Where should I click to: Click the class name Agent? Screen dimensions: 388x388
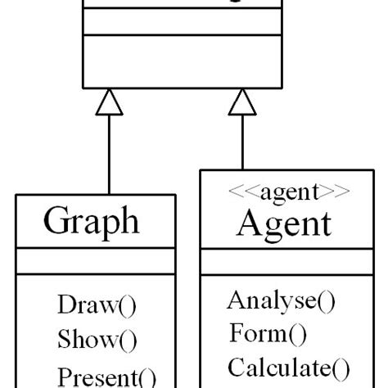pos(284,223)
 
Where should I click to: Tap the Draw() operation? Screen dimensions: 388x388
pos(97,305)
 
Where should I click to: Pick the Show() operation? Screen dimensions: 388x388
pos(97,339)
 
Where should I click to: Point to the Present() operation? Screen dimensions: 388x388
pos(106,377)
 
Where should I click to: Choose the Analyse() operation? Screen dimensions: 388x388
pos(281,300)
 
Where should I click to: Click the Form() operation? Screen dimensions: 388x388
pos(267,333)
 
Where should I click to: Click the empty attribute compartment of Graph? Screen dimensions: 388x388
pos(95,262)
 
